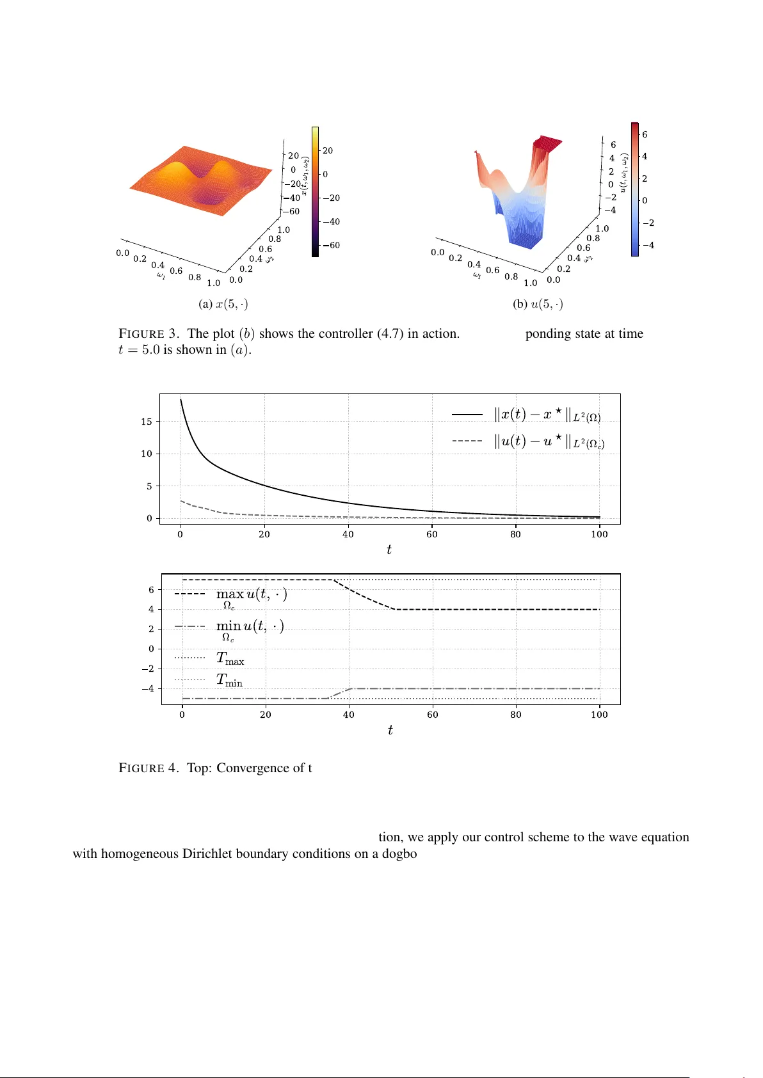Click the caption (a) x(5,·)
[x=223, y=304]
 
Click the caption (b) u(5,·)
[x=538, y=304]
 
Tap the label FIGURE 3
[x=149, y=333]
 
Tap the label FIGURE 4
[x=149, y=768]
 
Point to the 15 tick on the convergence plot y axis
[x=147, y=422]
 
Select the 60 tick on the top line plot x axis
[x=432, y=534]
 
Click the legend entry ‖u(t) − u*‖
[x=549, y=441]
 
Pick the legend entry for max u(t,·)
[x=251, y=595]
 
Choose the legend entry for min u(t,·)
[x=250, y=627]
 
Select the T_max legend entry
[x=230, y=658]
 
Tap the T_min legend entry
[x=229, y=680]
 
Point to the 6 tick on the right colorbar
[x=645, y=134]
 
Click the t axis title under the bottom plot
[x=390, y=730]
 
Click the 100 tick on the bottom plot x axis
[x=599, y=715]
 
